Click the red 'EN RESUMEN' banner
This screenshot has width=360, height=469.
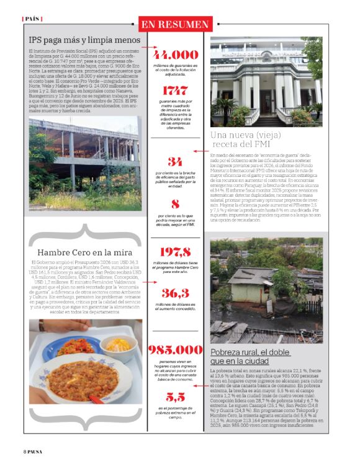174,24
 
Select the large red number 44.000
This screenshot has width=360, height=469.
175,55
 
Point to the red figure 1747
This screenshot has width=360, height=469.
175,91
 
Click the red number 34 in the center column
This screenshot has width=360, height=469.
175,162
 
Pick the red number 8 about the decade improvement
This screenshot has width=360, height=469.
175,203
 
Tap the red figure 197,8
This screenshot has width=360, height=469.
175,251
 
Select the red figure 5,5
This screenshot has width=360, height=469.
175,396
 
